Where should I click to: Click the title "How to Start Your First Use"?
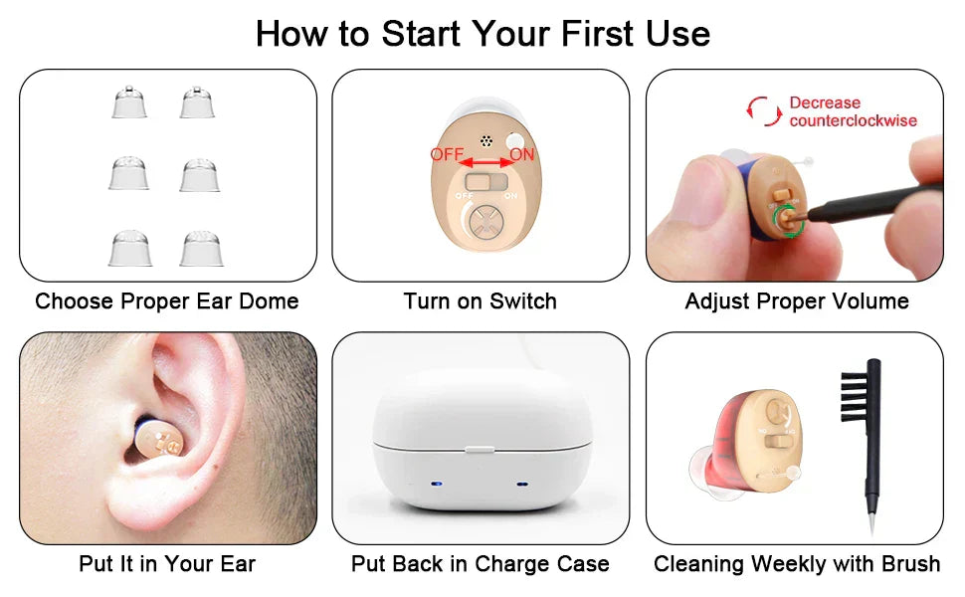[482, 34]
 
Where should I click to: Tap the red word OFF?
[447, 155]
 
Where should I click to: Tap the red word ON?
[521, 155]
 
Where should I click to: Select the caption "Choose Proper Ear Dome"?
[167, 300]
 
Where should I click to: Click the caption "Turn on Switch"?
[481, 300]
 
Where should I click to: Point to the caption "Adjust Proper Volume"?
[797, 300]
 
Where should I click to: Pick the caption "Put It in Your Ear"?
[167, 564]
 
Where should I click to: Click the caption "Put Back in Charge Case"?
[481, 564]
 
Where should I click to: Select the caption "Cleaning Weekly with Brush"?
[797, 564]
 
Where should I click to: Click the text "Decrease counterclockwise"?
[853, 111]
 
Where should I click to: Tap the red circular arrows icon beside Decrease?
[765, 111]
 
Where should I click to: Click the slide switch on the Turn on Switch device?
[484, 183]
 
